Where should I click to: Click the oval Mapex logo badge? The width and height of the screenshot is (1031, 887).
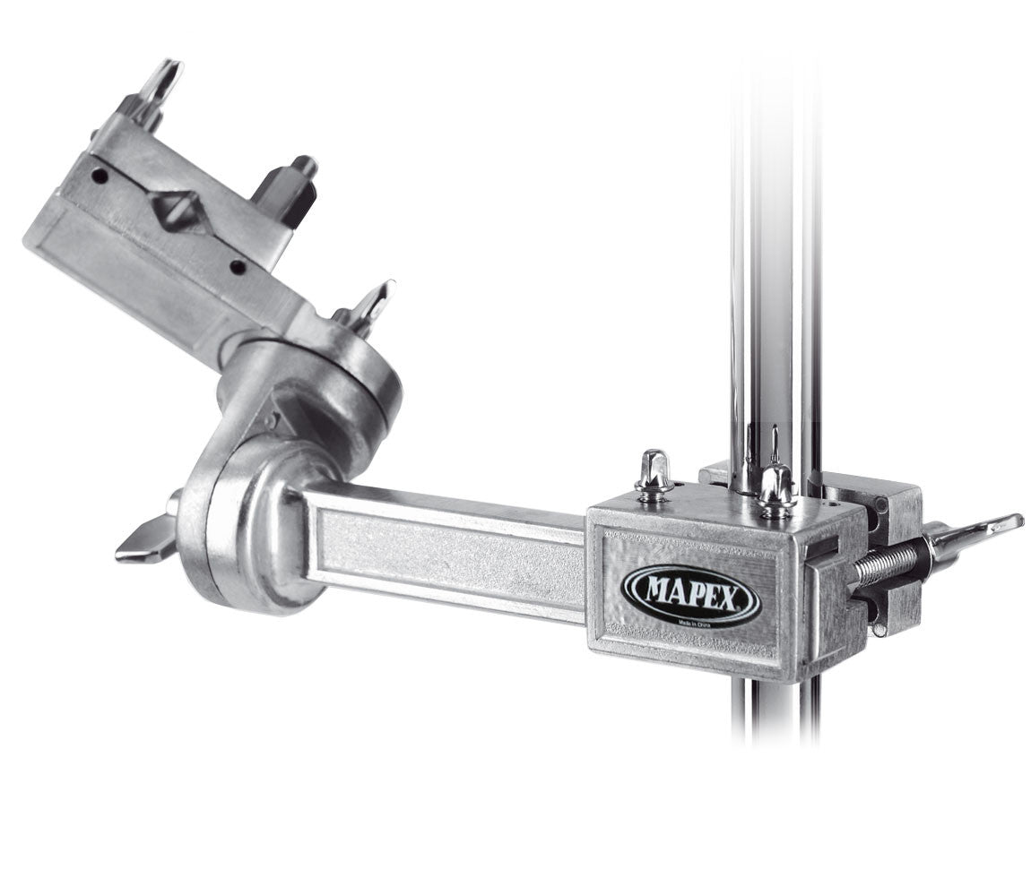pos(691,594)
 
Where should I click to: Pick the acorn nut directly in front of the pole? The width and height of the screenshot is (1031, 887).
pos(776,489)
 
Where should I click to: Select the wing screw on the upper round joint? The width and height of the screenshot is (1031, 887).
pos(368,307)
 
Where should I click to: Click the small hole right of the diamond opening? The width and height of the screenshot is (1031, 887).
pos(238,267)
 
